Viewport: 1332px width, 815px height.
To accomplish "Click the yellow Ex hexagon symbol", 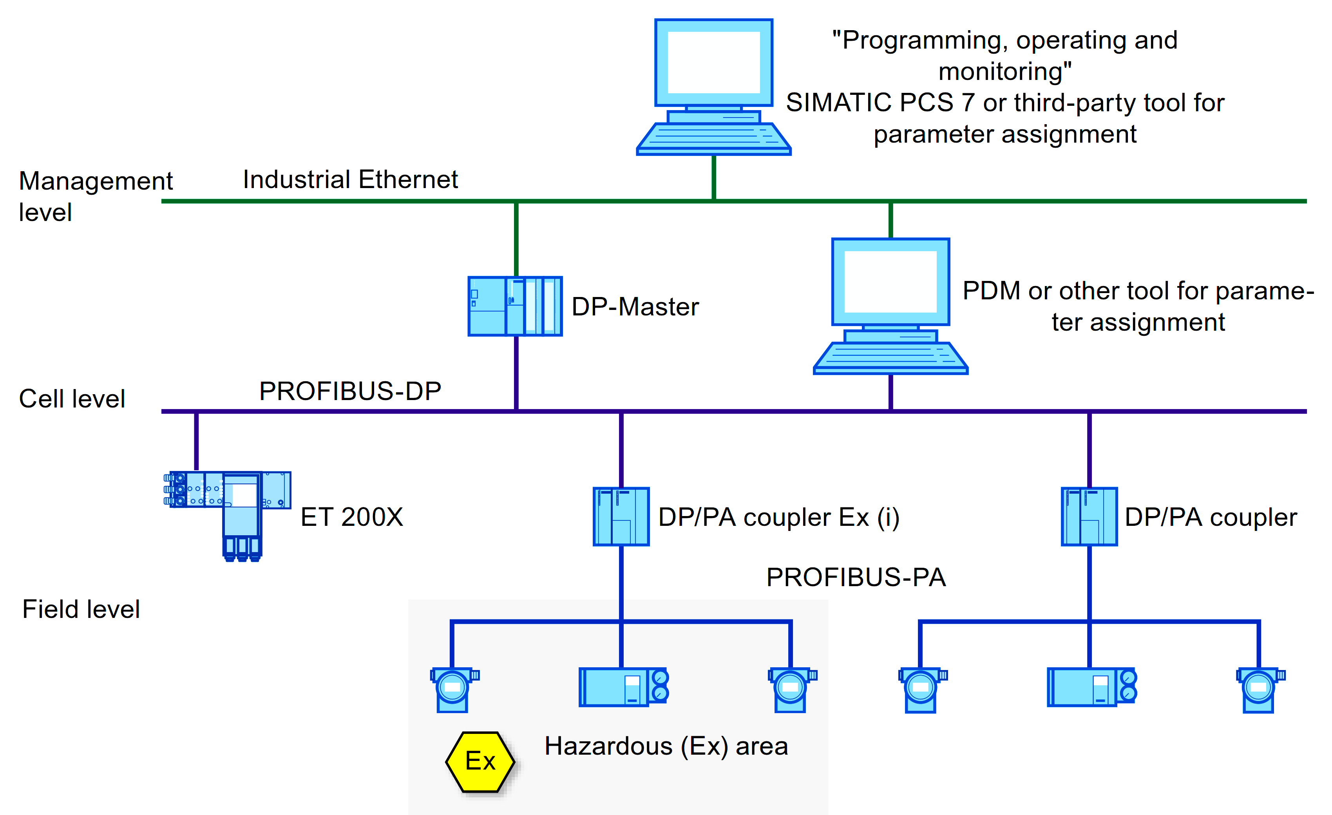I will [480, 761].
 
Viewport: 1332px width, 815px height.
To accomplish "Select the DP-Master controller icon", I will [515, 306].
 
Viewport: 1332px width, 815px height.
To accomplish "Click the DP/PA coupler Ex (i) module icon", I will [621, 516].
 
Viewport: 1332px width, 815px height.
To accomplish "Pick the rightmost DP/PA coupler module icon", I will [1089, 516].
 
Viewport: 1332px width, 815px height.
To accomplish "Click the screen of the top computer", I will [713, 62].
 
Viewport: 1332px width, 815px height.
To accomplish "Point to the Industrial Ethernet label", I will [350, 179].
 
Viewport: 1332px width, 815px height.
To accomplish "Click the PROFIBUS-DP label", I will [350, 391].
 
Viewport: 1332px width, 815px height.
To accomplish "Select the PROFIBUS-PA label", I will [856, 577].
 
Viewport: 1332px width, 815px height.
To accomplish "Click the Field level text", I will [81, 609].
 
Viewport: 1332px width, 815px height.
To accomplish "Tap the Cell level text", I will [72, 398].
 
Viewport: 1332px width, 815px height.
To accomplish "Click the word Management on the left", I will [96, 181].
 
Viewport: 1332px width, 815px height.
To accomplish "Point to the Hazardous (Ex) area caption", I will [666, 746].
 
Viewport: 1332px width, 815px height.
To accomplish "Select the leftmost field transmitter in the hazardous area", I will [453, 690].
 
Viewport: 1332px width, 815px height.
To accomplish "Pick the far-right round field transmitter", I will [1259, 690].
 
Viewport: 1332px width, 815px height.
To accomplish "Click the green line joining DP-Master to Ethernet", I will [516, 238].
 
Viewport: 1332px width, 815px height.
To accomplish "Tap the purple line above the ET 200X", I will [196, 441].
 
